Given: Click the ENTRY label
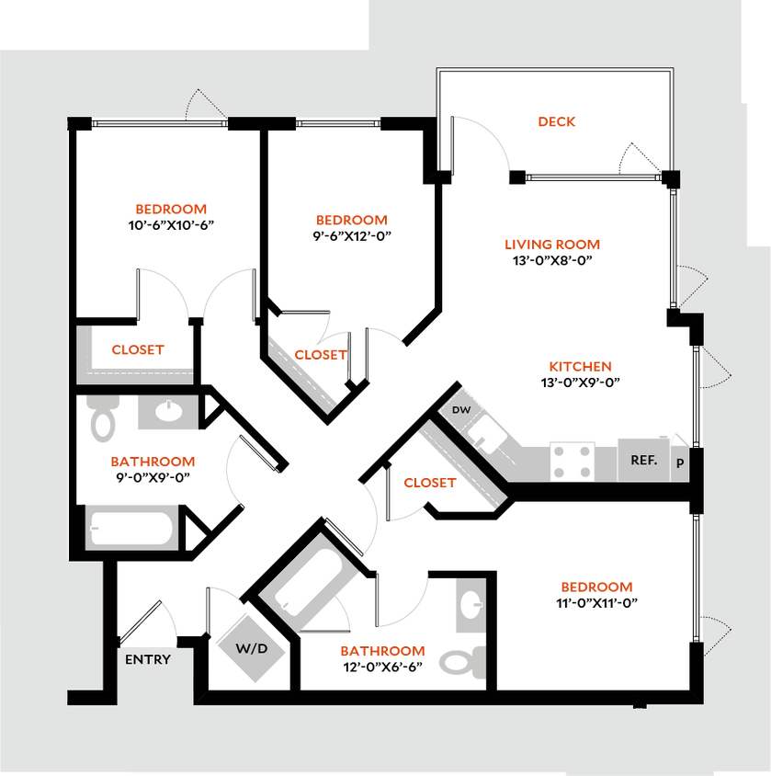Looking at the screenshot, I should click(x=148, y=659).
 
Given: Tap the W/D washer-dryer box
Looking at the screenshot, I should click(x=250, y=647).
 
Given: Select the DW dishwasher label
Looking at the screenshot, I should click(x=461, y=410).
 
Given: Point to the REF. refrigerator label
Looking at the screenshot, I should click(x=643, y=460).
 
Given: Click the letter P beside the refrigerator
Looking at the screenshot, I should click(x=680, y=462).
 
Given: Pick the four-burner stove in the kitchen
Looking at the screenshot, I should click(x=571, y=461).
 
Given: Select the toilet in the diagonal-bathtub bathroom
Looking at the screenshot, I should click(x=462, y=661).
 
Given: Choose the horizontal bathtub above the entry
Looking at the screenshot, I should click(x=130, y=530).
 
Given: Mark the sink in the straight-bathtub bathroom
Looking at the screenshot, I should click(x=167, y=412).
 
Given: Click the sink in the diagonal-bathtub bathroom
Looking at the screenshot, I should click(x=470, y=605).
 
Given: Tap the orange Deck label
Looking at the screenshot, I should click(x=557, y=121).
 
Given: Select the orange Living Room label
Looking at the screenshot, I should click(x=551, y=245).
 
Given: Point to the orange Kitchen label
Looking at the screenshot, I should click(x=580, y=367).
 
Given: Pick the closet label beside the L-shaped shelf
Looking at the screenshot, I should click(x=138, y=349).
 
